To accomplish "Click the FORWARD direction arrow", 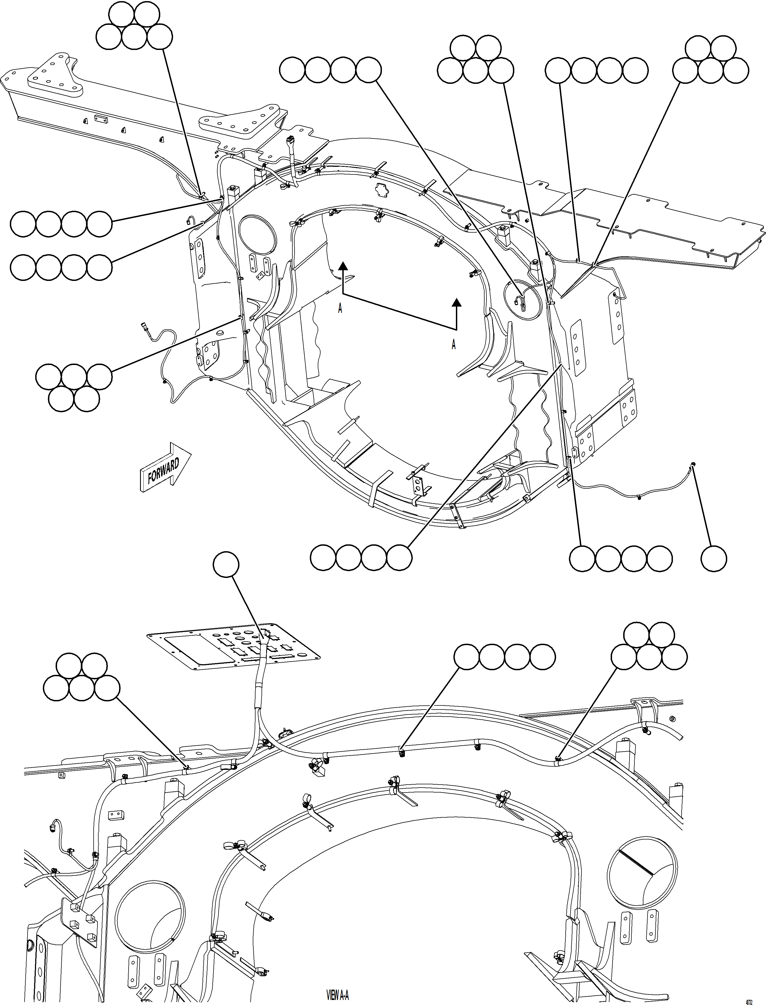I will pos(165,467).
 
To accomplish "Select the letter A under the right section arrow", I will pos(454,345).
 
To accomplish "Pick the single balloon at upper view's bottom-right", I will pos(714,558).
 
